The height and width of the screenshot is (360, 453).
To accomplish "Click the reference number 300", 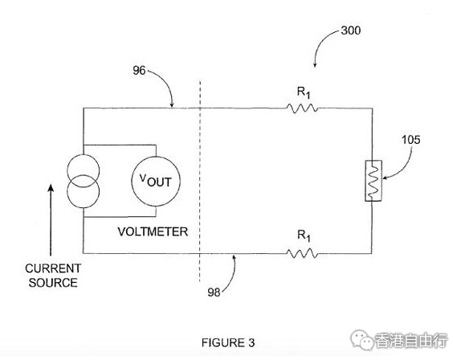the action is point(350,31).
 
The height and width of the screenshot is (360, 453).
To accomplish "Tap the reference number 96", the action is point(139,70).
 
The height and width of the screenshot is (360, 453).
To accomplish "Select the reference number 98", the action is point(214,292).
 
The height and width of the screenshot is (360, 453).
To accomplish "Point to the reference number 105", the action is point(410,140).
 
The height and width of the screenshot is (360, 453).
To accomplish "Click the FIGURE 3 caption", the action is point(228,342).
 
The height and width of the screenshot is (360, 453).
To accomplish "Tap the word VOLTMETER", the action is point(153,231).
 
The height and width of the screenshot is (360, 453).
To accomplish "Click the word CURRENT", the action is point(53,268).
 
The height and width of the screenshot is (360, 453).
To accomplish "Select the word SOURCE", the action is point(53,283).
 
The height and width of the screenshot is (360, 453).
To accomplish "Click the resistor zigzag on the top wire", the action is point(302,108).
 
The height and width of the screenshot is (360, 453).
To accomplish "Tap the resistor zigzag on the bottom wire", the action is point(302,254).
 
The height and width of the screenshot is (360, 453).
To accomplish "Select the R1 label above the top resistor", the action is point(304,92).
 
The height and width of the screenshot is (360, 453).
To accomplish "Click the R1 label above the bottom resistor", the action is point(304,235).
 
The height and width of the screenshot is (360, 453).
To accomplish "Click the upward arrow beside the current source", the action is point(51,220).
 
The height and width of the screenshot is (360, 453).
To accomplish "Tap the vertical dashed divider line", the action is point(200,182).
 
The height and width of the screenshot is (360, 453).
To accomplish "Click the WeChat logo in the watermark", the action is point(361,340).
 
